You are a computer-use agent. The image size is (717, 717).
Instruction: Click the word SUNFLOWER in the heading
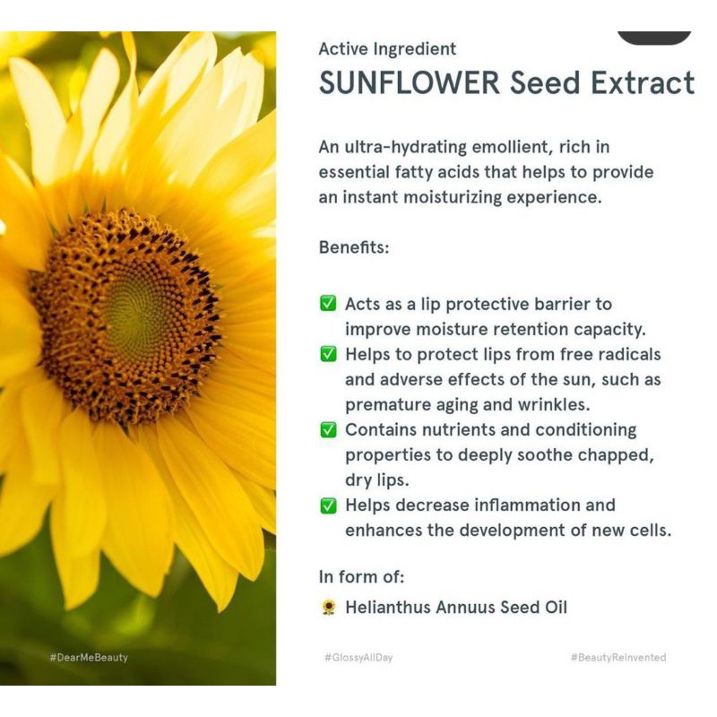point(410,82)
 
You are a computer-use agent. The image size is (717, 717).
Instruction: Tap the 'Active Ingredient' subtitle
point(387,49)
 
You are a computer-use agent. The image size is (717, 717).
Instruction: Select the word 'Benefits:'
point(354,247)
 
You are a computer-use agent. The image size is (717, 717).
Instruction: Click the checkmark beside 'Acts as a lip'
point(328,303)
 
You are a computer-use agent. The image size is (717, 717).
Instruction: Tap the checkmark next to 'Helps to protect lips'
point(328,353)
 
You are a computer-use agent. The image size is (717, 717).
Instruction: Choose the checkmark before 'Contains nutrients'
point(328,429)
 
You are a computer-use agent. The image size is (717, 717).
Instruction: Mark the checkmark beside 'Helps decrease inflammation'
point(328,505)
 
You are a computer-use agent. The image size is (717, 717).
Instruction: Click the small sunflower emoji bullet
point(328,608)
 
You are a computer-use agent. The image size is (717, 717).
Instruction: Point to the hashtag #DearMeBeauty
point(89,658)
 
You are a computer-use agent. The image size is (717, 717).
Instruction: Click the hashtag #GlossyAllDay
point(358,658)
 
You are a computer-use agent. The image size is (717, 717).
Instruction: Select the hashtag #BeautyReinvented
point(618,658)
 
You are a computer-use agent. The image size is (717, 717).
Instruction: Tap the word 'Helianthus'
point(388,608)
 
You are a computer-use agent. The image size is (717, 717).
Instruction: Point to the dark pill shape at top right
point(654,38)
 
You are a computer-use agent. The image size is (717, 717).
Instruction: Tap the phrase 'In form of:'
point(361,577)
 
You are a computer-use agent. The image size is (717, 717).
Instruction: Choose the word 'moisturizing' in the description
point(453,197)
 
